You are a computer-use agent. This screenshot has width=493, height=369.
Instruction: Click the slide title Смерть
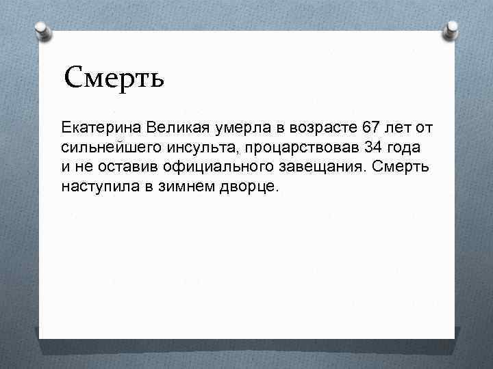click(x=114, y=79)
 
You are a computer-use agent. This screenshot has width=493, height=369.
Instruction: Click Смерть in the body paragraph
click(x=401, y=167)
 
